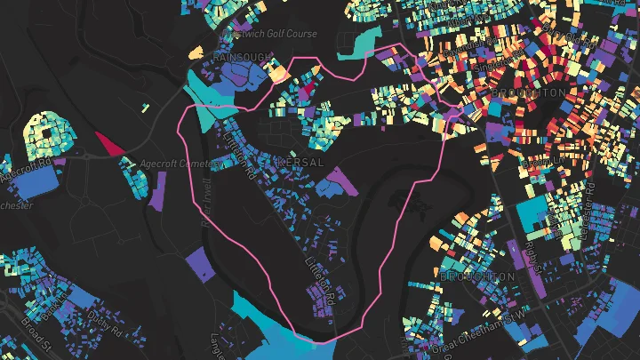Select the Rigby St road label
[532, 254]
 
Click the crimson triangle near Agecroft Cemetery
[109, 144]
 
